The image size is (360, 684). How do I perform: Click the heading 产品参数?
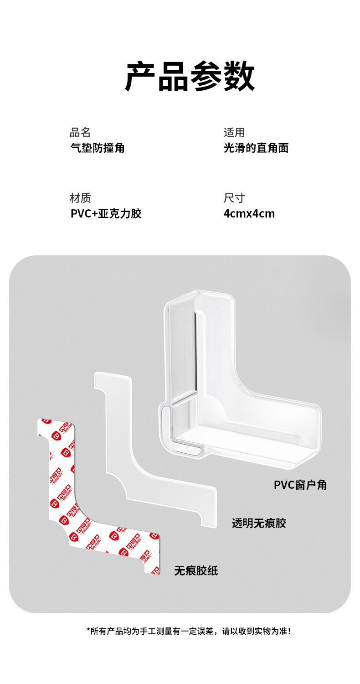[x=190, y=77]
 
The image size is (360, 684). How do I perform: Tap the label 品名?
[x=80, y=133]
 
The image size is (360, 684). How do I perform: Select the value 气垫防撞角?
[x=97, y=148]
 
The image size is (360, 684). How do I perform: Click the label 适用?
[x=234, y=133]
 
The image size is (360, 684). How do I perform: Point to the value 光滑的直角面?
[x=256, y=148]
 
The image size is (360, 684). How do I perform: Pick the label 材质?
[x=80, y=198]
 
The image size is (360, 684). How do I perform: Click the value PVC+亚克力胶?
[x=106, y=213]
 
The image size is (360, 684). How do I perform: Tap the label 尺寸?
[x=234, y=198]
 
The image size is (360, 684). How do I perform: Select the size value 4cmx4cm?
[x=249, y=213]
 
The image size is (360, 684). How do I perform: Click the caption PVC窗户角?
[x=300, y=485]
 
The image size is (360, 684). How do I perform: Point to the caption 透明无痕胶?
[x=258, y=523]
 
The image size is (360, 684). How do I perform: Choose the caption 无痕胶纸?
[x=196, y=570]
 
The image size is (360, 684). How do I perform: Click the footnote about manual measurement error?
[x=189, y=631]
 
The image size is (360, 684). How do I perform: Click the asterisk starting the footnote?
[x=88, y=630]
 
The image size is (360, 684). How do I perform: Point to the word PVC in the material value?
[x=81, y=213]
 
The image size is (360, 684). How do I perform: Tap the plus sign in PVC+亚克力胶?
[x=95, y=214]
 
